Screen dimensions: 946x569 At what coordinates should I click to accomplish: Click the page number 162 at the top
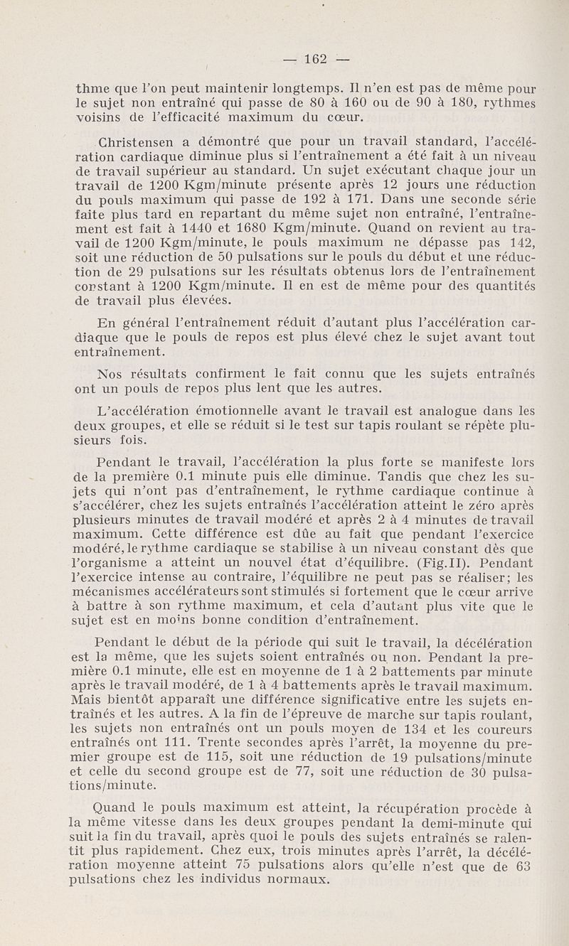click(314, 59)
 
